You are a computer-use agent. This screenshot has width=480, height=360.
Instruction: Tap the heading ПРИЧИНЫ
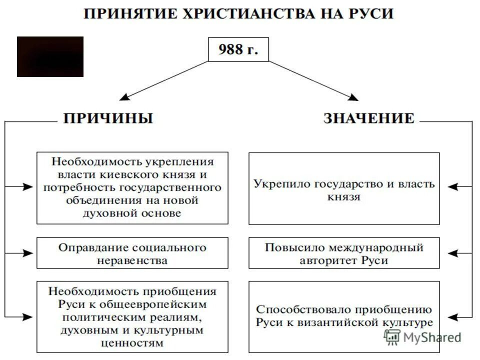pos(107,118)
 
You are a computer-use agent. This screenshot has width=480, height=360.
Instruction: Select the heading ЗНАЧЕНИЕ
pos(369,118)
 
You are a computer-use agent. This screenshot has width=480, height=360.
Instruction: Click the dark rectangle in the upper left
pos(50,56)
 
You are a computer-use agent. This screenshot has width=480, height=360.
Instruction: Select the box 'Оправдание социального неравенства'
pos(132,253)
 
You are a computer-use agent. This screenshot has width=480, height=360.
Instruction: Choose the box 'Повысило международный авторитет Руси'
pos(344,253)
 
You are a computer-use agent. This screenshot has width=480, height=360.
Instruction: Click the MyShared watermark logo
pos(422,337)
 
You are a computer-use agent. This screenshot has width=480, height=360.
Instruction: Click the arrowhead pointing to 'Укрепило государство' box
pos(452,187)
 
